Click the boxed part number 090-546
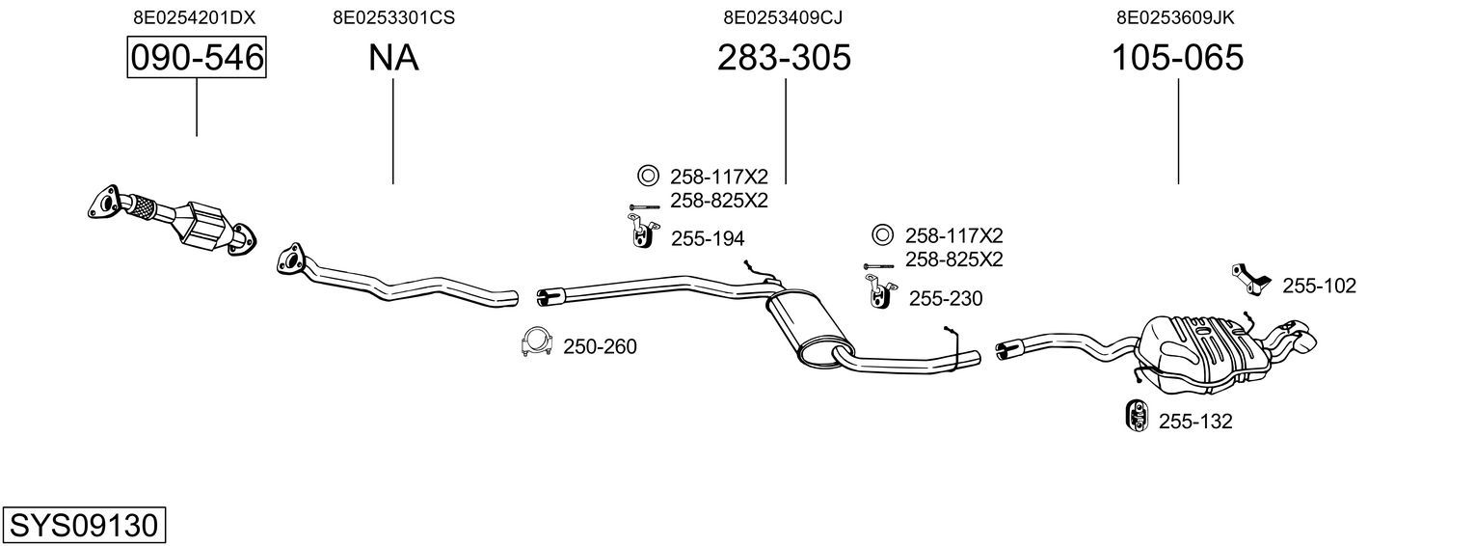pos(197,57)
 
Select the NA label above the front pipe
pos(393,57)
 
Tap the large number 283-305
pos(784,57)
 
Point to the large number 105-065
pos(1177,57)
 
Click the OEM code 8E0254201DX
pos(194,17)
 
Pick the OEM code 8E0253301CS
pos(393,17)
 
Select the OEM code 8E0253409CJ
pos(783,17)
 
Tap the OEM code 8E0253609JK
pos(1175,17)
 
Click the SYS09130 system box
pos(84,525)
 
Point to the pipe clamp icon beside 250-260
pos(536,341)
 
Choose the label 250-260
pos(600,346)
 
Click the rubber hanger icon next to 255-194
pos(641,231)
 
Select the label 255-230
pos(946,298)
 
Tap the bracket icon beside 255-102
pos(1250,280)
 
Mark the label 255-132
pos(1195,422)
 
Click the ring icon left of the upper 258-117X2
pos(648,176)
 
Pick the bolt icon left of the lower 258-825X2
pos(878,266)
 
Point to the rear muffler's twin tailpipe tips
pos(1293,335)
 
